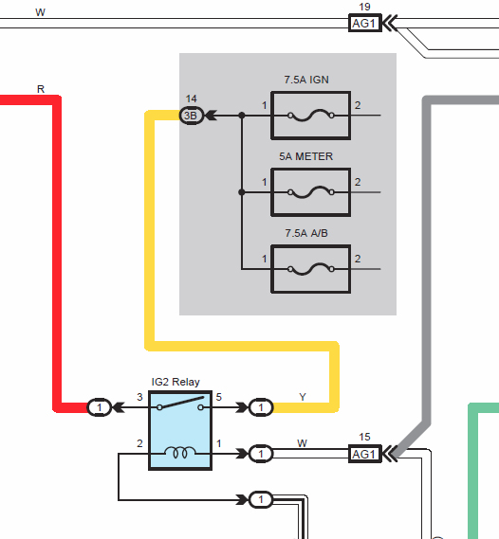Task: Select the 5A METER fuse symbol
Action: coord(311,192)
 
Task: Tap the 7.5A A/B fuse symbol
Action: coord(311,269)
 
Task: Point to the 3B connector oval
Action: coord(192,116)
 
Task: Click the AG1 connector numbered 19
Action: coord(365,23)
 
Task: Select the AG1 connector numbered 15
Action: coord(365,454)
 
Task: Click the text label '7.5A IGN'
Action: coord(306,80)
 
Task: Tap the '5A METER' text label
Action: coord(305,156)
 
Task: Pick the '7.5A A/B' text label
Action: coord(306,233)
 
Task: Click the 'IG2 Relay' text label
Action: coord(176,382)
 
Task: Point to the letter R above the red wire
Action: coord(41,89)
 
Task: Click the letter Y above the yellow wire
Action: coord(303,397)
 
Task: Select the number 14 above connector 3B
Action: coord(191,99)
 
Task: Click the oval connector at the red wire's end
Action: coord(99,407)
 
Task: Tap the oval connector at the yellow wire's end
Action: coord(261,407)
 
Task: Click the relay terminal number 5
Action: coord(219,397)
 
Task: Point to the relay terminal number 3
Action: coord(139,397)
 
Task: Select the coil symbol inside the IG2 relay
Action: coord(180,452)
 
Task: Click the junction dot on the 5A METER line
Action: coord(242,192)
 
